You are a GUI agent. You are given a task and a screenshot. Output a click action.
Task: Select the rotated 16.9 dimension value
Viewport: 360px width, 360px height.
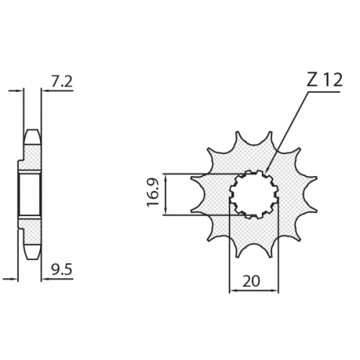(x=154, y=193)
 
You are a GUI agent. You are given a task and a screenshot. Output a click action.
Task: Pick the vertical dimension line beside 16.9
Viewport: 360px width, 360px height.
(x=170, y=193)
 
